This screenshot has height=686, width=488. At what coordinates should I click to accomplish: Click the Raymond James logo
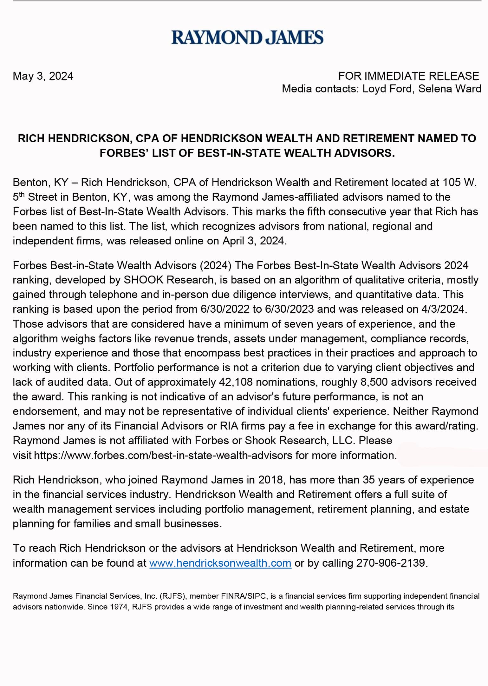(247, 37)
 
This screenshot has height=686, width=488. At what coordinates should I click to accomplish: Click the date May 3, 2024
(43, 76)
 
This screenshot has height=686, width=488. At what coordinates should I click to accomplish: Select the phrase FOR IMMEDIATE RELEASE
(409, 76)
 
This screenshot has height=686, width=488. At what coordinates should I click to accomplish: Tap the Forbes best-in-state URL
(163, 456)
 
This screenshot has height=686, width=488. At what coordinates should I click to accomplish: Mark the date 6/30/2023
(289, 309)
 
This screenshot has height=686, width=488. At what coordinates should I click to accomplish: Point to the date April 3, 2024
(254, 241)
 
